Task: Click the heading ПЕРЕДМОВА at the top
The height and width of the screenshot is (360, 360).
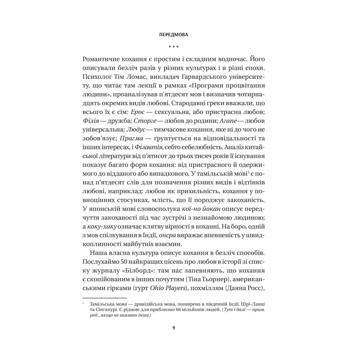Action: (173, 35)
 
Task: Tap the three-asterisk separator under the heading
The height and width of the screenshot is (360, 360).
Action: (173, 46)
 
